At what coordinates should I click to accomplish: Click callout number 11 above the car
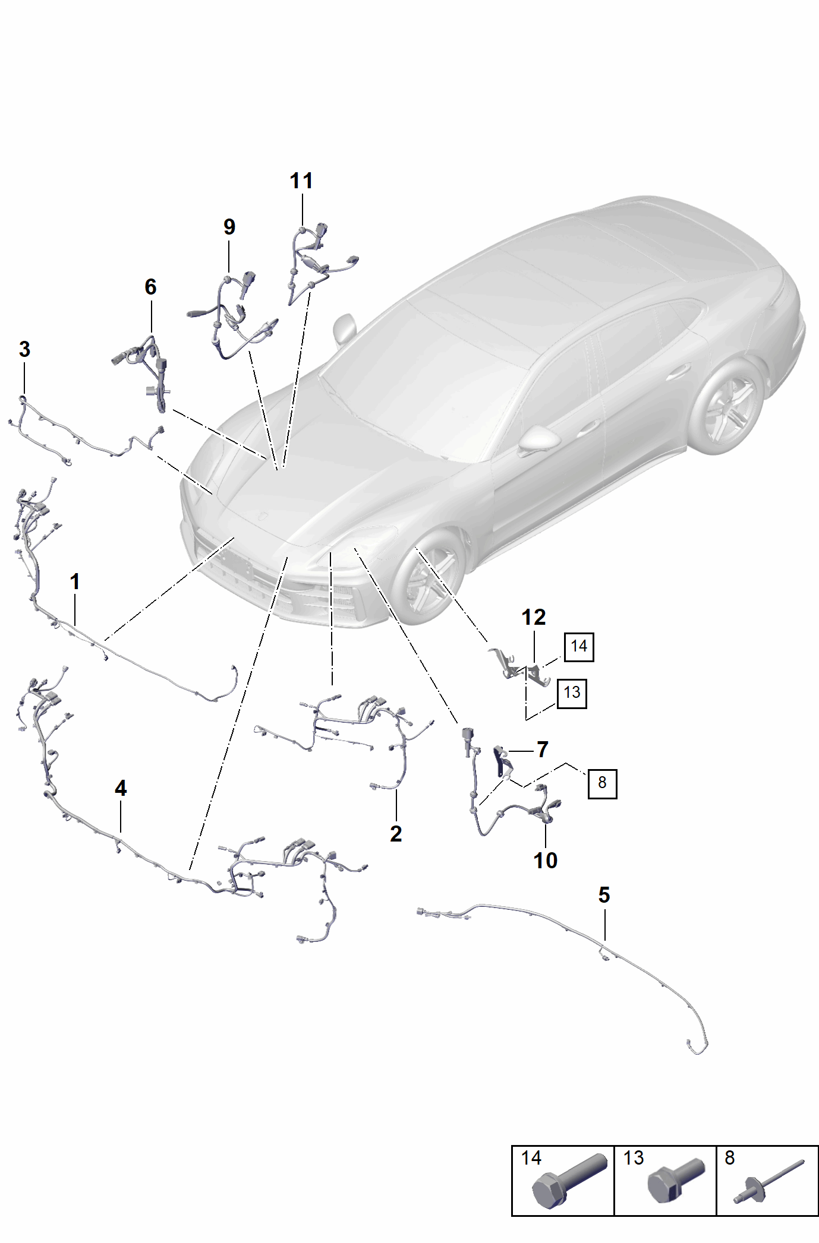tap(301, 181)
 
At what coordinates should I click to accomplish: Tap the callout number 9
tap(229, 226)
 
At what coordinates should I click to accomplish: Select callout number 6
tap(150, 287)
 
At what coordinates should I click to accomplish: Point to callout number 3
tap(24, 349)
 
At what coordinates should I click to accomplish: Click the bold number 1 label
tap(75, 581)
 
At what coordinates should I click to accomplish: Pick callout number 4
tap(121, 788)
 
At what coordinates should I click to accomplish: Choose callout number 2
tap(396, 834)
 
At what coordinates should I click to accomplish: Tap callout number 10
tap(545, 860)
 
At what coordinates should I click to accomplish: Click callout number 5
tap(604, 895)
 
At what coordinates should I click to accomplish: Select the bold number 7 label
tap(542, 750)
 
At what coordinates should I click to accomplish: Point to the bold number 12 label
tap(534, 618)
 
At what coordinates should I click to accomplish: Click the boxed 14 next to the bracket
tap(579, 646)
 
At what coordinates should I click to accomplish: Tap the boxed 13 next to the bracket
tap(572, 693)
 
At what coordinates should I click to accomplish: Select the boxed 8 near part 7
tap(602, 783)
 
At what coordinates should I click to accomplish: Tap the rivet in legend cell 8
tap(768, 1182)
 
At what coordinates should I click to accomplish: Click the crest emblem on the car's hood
tap(262, 515)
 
